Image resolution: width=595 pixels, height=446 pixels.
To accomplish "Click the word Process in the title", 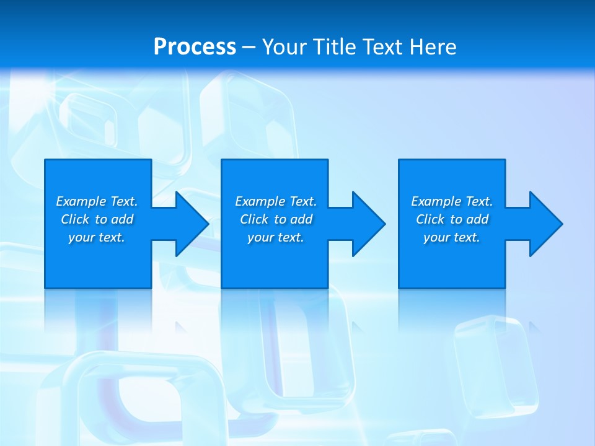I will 195,47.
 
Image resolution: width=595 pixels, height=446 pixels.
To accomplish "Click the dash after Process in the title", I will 249,48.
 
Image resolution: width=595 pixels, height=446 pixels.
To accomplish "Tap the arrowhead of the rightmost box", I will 545,224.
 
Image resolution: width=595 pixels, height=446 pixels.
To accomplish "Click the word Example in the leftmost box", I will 81,201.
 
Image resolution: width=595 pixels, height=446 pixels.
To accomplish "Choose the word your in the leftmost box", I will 81,237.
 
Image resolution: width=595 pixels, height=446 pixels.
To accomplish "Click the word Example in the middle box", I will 260,201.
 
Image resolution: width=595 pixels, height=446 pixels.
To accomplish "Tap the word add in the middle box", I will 301,219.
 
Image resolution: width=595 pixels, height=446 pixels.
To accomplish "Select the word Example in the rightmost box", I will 436,201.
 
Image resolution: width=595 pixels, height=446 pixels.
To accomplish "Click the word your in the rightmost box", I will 436,237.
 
